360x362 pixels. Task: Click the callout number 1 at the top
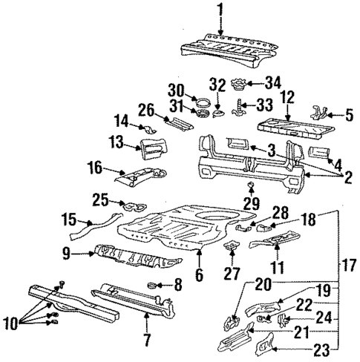[x=219, y=10]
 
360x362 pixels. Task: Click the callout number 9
[x=68, y=254]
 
